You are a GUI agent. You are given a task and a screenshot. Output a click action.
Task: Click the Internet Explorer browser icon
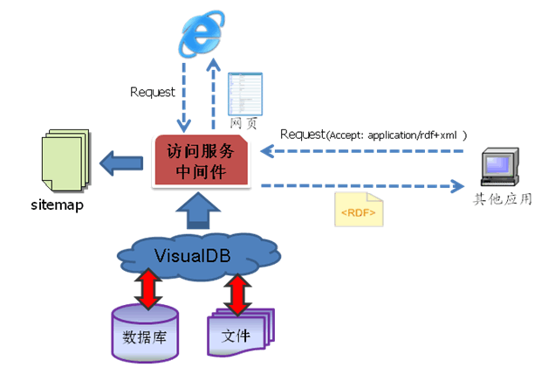(199, 36)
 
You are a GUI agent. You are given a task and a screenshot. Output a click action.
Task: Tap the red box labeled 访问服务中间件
(202, 161)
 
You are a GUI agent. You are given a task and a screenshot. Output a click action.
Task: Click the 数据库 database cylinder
(145, 332)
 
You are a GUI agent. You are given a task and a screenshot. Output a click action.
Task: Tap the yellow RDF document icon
(358, 210)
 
